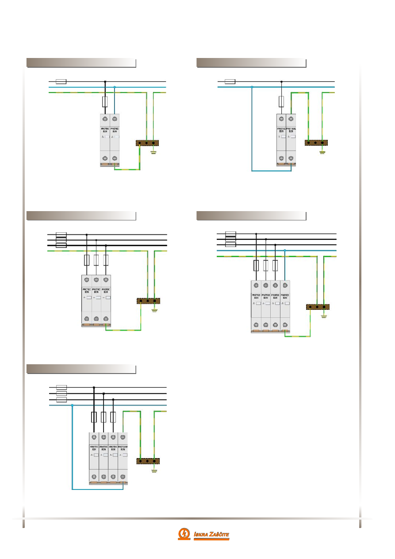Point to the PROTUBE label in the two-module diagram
coord(291,130)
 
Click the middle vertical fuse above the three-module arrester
coord(96,260)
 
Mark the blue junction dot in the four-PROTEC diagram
coord(285,250)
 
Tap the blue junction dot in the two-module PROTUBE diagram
coord(252,87)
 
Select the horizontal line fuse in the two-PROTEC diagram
coord(61,81)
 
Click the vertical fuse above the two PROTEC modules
coord(105,102)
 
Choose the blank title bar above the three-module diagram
coord(81,216)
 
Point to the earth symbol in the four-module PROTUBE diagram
coord(154,470)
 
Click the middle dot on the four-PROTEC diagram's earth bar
coord(317,307)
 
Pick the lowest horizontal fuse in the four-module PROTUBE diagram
coord(61,400)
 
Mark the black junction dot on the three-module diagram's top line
coord(86,235)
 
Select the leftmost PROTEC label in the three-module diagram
coord(86,291)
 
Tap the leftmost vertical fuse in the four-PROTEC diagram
coord(256,266)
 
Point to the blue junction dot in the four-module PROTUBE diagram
coord(72,405)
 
